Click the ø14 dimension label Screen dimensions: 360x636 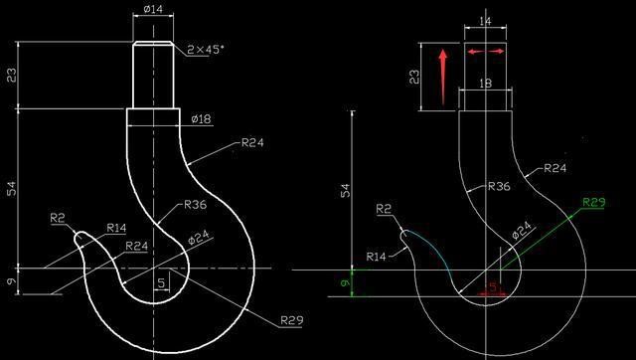pos(154,9)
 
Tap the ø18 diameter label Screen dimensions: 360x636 pos(202,118)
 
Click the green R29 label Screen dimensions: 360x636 pos(593,203)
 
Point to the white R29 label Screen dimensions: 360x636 pos(291,320)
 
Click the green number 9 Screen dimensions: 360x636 pos(345,283)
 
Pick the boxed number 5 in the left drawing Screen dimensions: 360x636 pos(161,283)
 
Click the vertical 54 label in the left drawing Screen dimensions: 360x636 pos(12,189)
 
